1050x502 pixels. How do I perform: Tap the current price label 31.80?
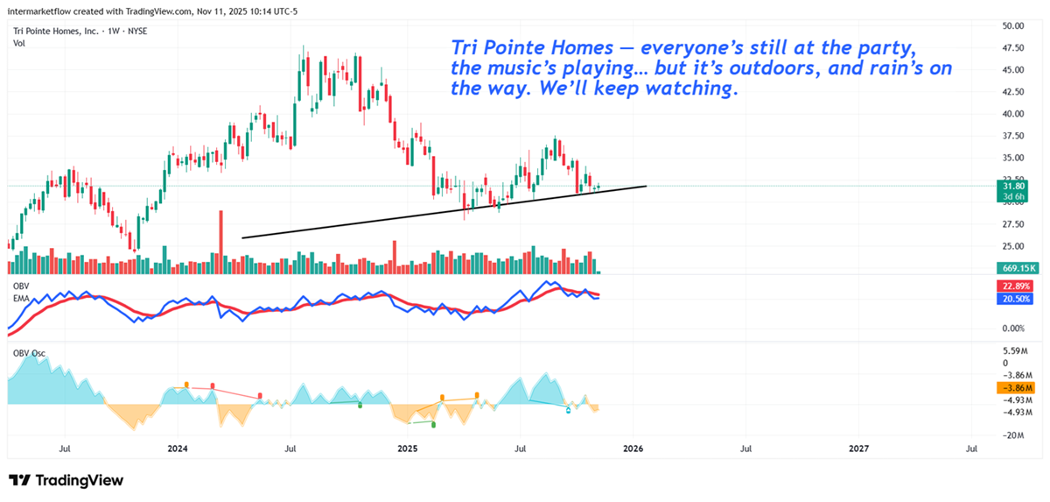[x=1013, y=186]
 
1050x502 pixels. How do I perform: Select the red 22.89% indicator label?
[x=1013, y=286]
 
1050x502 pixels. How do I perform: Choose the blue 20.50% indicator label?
[x=1013, y=299]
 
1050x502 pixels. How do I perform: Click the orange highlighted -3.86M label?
[x=1013, y=387]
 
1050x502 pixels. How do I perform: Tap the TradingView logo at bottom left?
[x=66, y=480]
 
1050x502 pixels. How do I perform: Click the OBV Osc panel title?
[x=29, y=353]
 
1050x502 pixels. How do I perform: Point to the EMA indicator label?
[x=21, y=298]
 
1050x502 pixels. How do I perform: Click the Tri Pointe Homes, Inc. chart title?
[x=55, y=31]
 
